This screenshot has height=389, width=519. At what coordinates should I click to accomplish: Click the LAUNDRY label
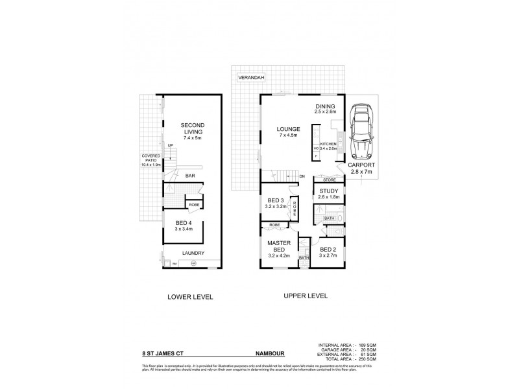click(x=193, y=253)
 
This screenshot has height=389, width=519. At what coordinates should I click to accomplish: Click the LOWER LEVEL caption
click(x=190, y=297)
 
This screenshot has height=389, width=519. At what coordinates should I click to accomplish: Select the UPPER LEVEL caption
click(x=305, y=296)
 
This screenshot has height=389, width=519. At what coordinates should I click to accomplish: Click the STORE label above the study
click(x=329, y=180)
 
